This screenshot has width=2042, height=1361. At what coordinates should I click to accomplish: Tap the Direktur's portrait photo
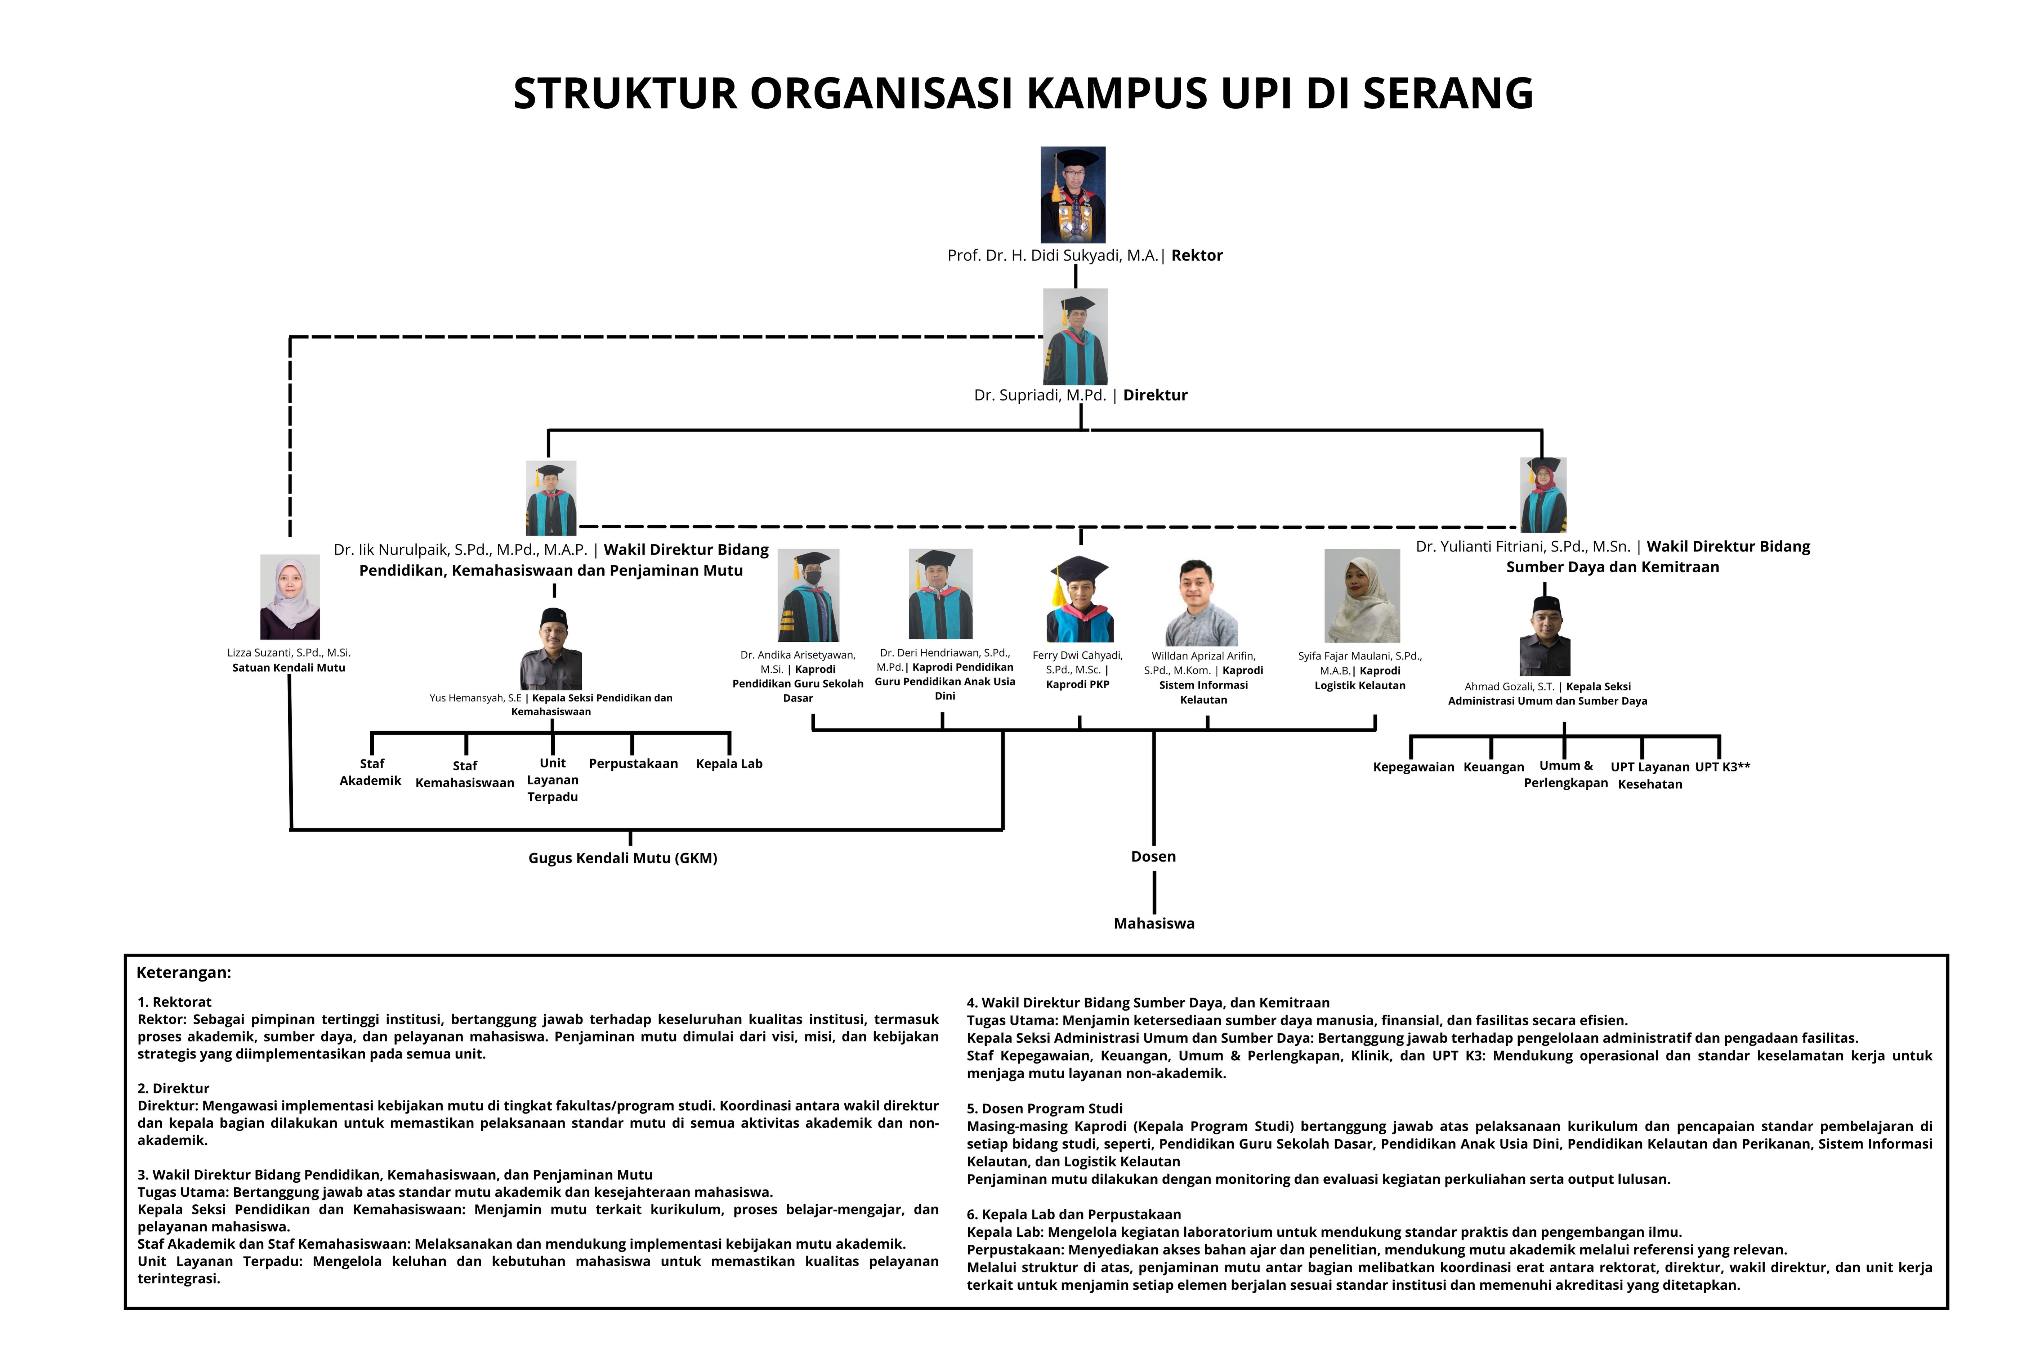point(1076,337)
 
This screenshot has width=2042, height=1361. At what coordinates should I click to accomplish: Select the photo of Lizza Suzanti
point(290,597)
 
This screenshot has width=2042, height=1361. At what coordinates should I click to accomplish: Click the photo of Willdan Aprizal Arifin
point(1202,603)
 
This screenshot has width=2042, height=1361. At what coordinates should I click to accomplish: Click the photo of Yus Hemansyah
point(551,649)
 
